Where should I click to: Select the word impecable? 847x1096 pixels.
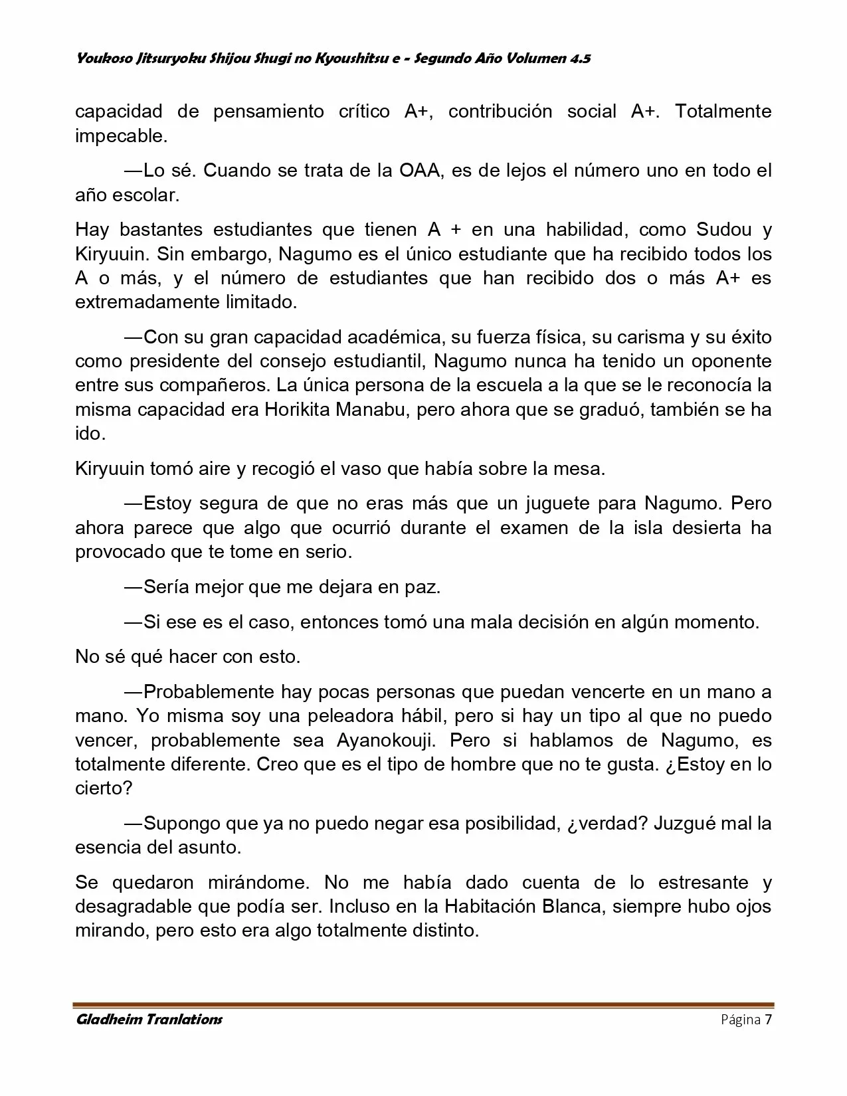pos(120,136)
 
